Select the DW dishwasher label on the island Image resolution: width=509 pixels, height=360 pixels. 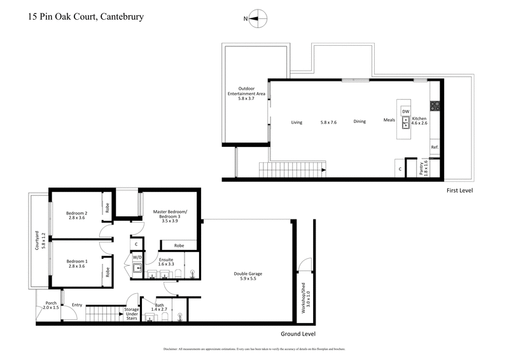click(x=405, y=111)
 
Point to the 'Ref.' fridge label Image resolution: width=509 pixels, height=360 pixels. click(x=435, y=148)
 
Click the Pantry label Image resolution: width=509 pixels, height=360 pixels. click(x=421, y=169)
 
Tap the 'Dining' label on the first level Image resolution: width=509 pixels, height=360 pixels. click(x=359, y=121)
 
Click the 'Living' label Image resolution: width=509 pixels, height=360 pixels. click(x=296, y=122)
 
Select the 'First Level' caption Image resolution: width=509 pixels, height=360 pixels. click(x=459, y=190)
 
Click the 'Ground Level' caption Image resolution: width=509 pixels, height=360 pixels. click(x=298, y=334)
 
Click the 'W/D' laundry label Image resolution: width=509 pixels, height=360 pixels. click(x=136, y=258)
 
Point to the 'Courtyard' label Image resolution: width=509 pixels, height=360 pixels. click(x=37, y=242)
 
